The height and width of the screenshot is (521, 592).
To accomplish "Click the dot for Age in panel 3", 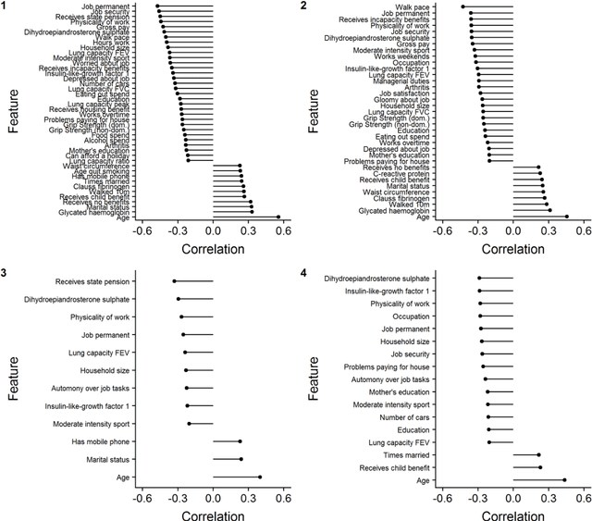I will [x=261, y=478].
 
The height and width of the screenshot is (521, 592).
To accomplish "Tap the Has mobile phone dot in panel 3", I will [x=240, y=441].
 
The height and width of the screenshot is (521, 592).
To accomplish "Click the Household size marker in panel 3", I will [x=185, y=370].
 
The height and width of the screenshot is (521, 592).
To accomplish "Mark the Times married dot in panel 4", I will [x=538, y=454].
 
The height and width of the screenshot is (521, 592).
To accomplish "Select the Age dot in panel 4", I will [x=564, y=480].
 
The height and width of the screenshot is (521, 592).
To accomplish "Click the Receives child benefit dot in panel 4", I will [x=540, y=467].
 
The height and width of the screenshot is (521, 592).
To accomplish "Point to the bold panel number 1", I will [x=6, y=6].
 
